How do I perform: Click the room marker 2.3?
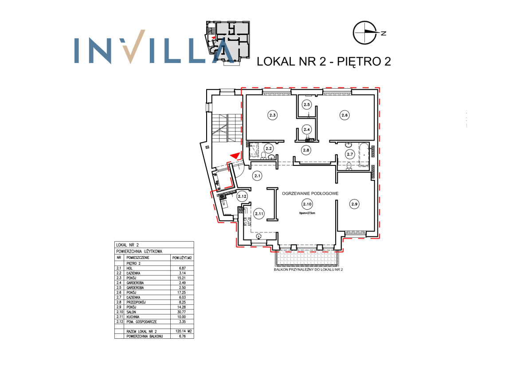[x=272, y=115]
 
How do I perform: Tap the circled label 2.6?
[x=344, y=115]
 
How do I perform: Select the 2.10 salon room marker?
[x=307, y=204]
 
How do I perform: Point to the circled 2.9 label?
[x=354, y=204]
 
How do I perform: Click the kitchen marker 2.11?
[x=259, y=214]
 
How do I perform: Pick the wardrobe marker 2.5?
[x=307, y=105]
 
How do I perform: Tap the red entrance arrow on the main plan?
[x=235, y=156]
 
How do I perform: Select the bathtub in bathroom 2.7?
[x=364, y=155]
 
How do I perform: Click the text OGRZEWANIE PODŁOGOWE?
[x=310, y=194]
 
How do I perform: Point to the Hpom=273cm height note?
[x=307, y=213]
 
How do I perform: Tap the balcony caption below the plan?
[x=308, y=270]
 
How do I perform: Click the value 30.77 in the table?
[x=181, y=312]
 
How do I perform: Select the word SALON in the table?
[x=131, y=312]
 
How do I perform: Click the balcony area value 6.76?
[x=182, y=336]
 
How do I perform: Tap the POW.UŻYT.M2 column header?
[x=182, y=258]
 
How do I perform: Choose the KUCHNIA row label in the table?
[x=133, y=317]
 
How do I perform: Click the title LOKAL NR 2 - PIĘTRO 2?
[x=324, y=62]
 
